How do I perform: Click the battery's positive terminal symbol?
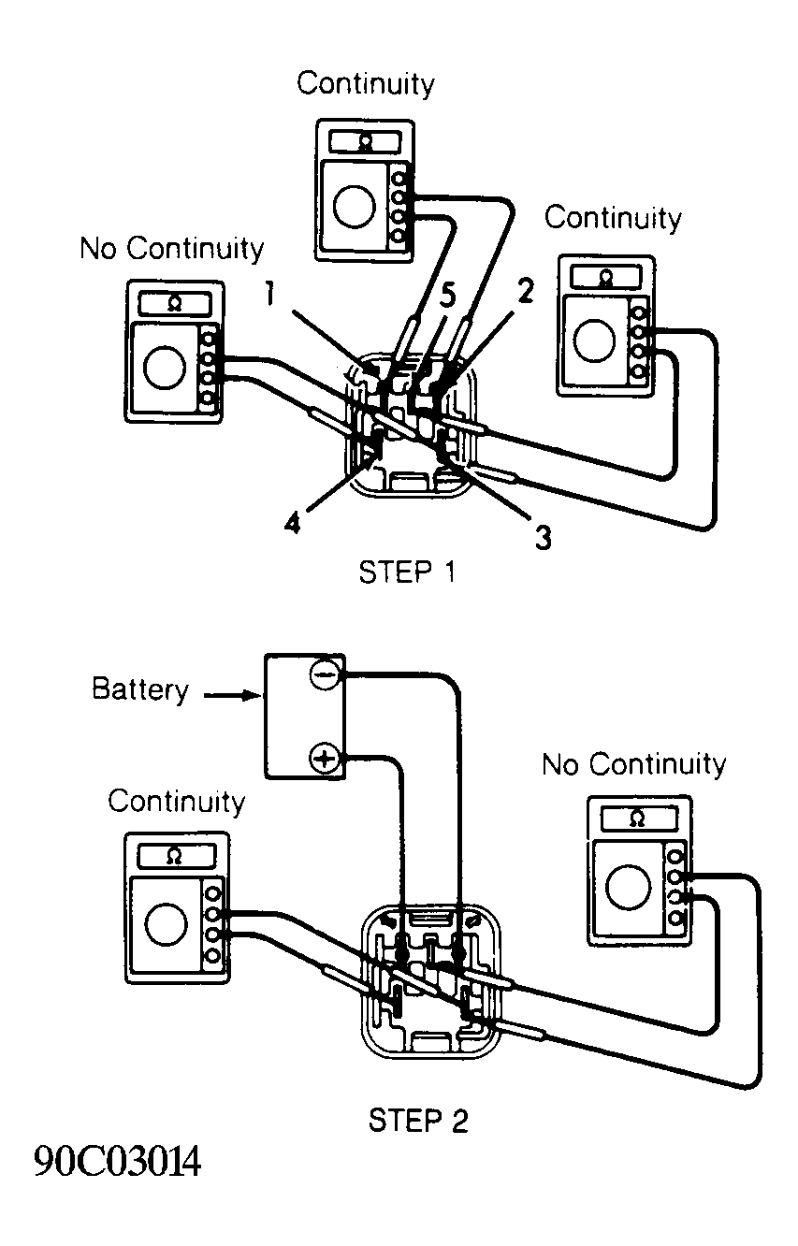tap(324, 758)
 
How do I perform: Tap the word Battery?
tap(140, 690)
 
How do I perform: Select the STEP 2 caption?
tap(418, 1120)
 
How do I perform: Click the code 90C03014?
tap(117, 1163)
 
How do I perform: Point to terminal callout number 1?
tap(268, 297)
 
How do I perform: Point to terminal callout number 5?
tap(447, 297)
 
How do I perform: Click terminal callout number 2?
tap(525, 293)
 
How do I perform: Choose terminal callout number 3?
tap(542, 538)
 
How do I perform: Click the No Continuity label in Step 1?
tap(172, 249)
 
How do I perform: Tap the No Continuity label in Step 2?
tap(633, 764)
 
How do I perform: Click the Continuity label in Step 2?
tap(176, 802)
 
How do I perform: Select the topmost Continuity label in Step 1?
tap(366, 83)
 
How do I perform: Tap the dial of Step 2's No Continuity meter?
tap(627, 885)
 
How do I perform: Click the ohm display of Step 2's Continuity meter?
tap(175, 855)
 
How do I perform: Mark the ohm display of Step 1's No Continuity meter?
tap(173, 303)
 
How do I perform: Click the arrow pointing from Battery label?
tap(229, 695)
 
